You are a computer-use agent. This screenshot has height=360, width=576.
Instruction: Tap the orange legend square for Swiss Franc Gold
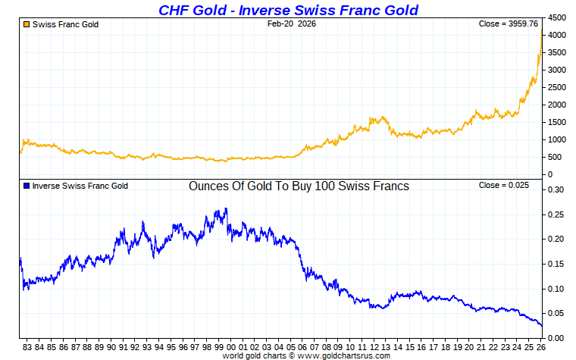[x=27, y=24]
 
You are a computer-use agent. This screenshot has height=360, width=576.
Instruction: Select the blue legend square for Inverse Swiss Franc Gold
[x=27, y=186]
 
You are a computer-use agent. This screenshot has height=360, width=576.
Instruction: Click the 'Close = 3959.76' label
[x=508, y=24]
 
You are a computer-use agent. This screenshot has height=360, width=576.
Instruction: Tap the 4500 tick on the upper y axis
[x=556, y=17]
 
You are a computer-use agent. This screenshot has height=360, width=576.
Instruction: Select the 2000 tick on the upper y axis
[x=556, y=105]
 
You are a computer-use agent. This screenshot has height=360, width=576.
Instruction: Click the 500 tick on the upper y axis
[x=556, y=157]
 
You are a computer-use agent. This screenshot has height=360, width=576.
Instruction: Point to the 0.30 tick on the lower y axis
[x=556, y=189]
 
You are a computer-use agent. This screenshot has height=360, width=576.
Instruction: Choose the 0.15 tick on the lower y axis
[x=556, y=264]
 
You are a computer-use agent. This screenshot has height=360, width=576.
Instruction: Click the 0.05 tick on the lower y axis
[x=556, y=313]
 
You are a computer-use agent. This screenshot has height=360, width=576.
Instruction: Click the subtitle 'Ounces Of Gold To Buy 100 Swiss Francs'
[x=299, y=186]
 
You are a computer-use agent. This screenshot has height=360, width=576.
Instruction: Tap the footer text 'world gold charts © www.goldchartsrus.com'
[x=306, y=355]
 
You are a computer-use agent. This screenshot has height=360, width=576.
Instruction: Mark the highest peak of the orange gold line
[x=541, y=29]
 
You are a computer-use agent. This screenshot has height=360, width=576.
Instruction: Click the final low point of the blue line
[x=542, y=325]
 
